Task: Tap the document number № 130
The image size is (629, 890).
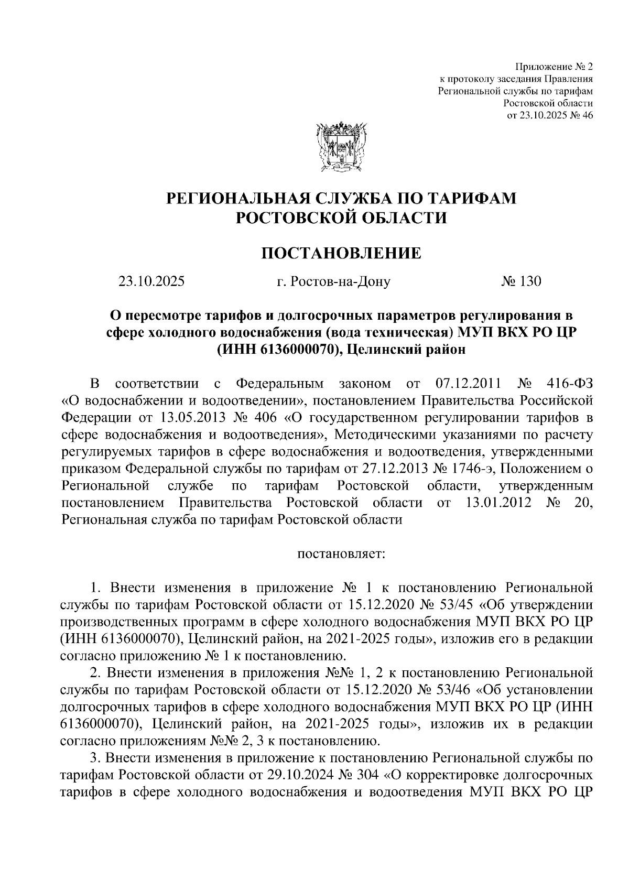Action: click(x=520, y=282)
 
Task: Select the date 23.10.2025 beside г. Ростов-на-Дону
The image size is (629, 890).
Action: click(x=151, y=282)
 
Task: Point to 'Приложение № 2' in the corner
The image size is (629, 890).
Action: click(x=554, y=67)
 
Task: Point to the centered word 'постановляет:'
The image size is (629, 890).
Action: click(x=341, y=553)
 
